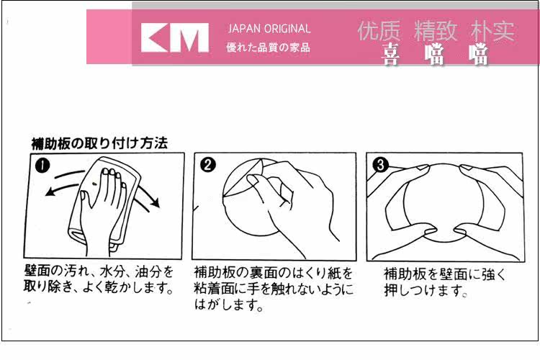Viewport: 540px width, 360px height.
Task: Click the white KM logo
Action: click(175, 37)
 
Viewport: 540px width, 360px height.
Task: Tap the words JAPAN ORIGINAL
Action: click(269, 29)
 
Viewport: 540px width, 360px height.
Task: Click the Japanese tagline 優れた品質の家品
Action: click(269, 48)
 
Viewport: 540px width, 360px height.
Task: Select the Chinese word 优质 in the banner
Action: click(379, 31)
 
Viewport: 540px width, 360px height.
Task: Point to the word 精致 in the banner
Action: click(436, 31)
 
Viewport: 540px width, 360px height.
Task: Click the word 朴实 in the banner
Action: click(492, 31)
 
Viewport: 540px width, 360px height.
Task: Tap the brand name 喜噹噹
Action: click(436, 55)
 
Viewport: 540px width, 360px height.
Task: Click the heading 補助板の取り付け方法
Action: click(99, 143)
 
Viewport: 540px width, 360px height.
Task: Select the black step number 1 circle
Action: click(42, 166)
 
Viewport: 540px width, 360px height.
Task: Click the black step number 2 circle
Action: click(207, 165)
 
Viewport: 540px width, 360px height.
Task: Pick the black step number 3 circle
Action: click(381, 165)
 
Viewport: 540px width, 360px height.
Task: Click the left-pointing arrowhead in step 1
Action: click(50, 192)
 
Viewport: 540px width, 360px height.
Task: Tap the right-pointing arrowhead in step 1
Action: click(156, 203)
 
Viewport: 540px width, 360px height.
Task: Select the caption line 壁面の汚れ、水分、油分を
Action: click(99, 272)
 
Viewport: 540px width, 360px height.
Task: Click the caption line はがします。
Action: click(229, 305)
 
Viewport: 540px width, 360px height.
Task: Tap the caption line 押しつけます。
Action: click(426, 290)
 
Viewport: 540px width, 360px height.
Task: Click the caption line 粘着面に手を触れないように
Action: click(274, 289)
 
